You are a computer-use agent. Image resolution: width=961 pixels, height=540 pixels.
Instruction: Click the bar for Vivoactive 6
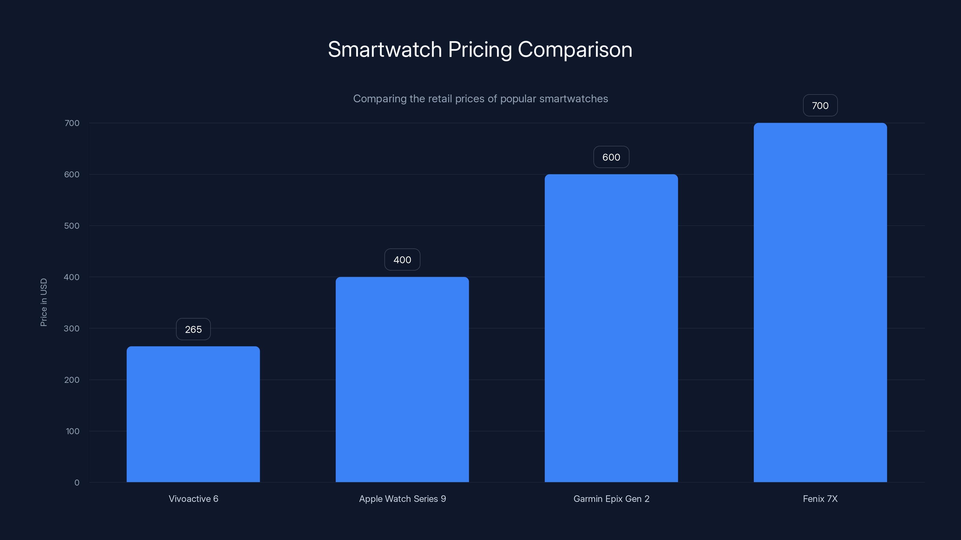[193, 414]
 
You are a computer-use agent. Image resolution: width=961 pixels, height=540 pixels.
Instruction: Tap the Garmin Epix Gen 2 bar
[611, 328]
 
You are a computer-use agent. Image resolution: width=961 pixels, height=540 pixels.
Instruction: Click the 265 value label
[193, 329]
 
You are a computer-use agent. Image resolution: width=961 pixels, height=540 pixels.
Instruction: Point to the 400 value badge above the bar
[402, 260]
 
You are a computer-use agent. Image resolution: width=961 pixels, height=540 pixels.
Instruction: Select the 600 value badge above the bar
[611, 157]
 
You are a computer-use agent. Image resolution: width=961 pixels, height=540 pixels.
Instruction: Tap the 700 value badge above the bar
[820, 106]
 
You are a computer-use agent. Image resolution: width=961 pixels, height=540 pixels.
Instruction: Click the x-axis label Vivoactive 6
[193, 499]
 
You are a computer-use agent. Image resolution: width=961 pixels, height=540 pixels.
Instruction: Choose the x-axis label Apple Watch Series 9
[402, 499]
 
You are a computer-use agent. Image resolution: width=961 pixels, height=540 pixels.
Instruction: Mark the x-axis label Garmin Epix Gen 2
[611, 499]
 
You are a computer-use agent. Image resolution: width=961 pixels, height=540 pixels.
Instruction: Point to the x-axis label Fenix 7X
[820, 499]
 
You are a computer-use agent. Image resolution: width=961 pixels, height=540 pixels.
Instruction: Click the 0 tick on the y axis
[77, 483]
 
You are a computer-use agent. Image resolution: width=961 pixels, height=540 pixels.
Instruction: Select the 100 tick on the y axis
[72, 431]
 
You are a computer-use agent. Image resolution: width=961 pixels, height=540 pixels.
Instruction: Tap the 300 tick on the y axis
[72, 328]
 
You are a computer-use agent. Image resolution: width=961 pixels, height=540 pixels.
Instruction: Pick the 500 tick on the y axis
[72, 226]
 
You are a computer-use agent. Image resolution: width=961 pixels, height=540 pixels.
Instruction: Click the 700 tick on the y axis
[72, 123]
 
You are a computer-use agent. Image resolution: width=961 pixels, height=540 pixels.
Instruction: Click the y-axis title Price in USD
[44, 302]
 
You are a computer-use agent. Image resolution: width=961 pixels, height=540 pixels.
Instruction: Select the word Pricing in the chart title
[480, 50]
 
